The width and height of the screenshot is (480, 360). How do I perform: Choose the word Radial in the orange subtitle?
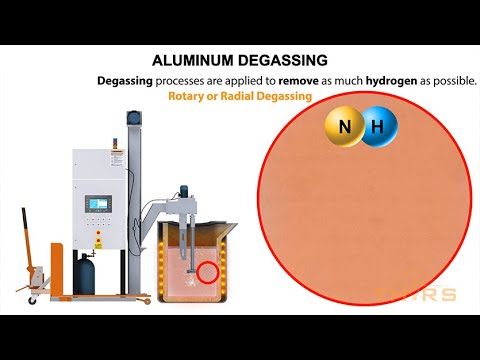[237, 96]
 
